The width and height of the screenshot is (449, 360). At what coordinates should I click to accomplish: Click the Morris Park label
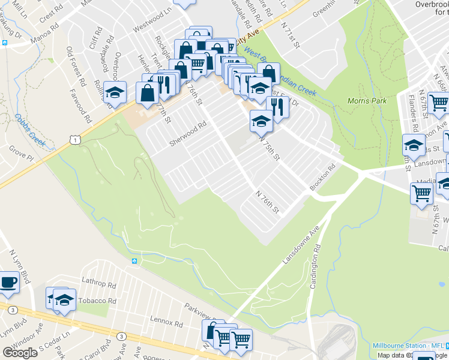click(367, 101)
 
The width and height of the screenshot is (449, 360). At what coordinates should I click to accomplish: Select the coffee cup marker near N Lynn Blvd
click(8, 282)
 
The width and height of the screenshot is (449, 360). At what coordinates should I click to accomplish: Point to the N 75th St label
click(270, 148)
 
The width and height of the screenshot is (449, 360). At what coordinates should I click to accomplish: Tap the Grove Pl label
click(21, 156)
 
